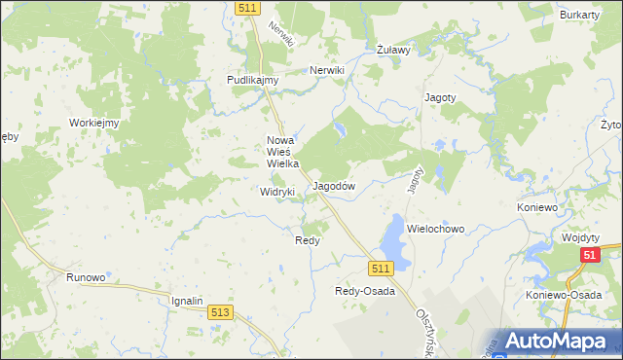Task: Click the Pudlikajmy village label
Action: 253,80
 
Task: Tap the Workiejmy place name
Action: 93,123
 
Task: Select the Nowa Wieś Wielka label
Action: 283,152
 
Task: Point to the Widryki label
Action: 277,192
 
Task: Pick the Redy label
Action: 308,239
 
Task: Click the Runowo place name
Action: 86,277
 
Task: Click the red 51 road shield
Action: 589,255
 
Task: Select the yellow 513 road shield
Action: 220,311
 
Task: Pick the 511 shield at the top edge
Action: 247,8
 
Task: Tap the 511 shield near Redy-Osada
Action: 380,268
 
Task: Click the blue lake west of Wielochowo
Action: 393,234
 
